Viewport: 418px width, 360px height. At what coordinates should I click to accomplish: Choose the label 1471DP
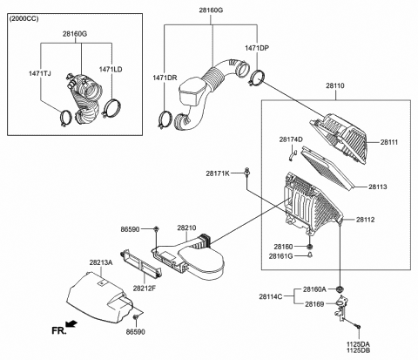256,49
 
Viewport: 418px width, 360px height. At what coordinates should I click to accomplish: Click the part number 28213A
99,261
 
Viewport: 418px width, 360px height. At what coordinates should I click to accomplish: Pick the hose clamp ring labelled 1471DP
257,84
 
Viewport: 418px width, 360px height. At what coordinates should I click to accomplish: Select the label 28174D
290,139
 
